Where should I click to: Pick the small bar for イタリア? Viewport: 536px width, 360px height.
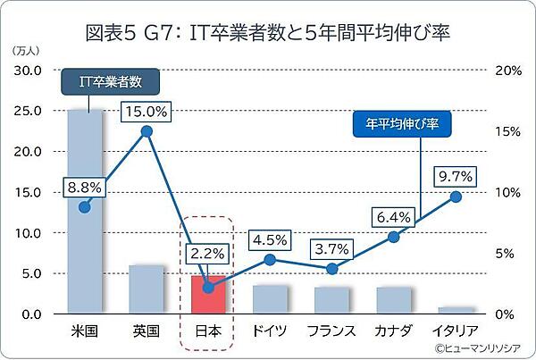pos(455,310)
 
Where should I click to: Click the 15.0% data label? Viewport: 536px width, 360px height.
pos(147,112)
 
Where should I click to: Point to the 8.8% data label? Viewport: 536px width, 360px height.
pos(85,188)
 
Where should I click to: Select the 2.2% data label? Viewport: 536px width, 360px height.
pos(207,254)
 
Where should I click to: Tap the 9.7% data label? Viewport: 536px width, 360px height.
pos(455,176)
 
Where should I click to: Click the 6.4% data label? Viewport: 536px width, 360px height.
pos(393,217)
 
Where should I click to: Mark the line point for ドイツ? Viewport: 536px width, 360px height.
pos(270,260)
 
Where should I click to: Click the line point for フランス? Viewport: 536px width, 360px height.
pos(331,269)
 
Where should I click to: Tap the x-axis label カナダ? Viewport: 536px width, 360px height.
pos(393,331)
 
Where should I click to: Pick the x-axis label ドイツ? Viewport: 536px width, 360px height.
pos(270,331)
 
